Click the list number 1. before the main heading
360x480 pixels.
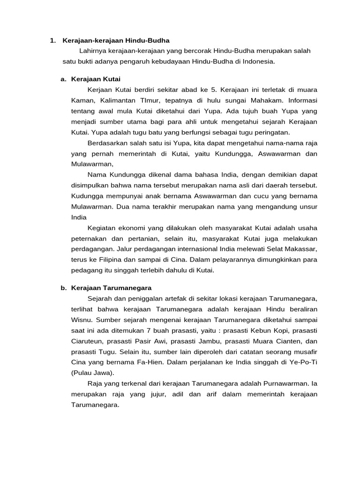click(x=53, y=40)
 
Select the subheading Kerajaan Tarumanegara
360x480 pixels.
click(x=111, y=287)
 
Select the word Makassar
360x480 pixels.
click(x=301, y=248)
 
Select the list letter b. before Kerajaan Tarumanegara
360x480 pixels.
click(x=64, y=287)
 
